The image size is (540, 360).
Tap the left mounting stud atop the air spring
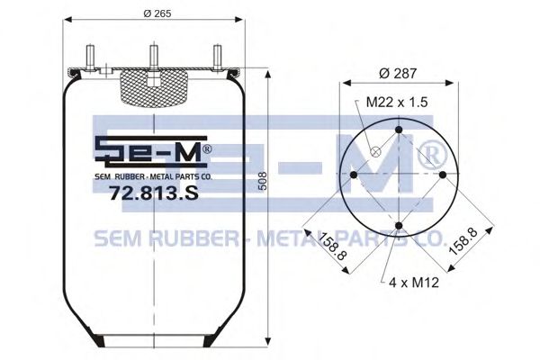[92, 56]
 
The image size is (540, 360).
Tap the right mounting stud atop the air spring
[215, 56]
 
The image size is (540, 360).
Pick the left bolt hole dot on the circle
[354, 175]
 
